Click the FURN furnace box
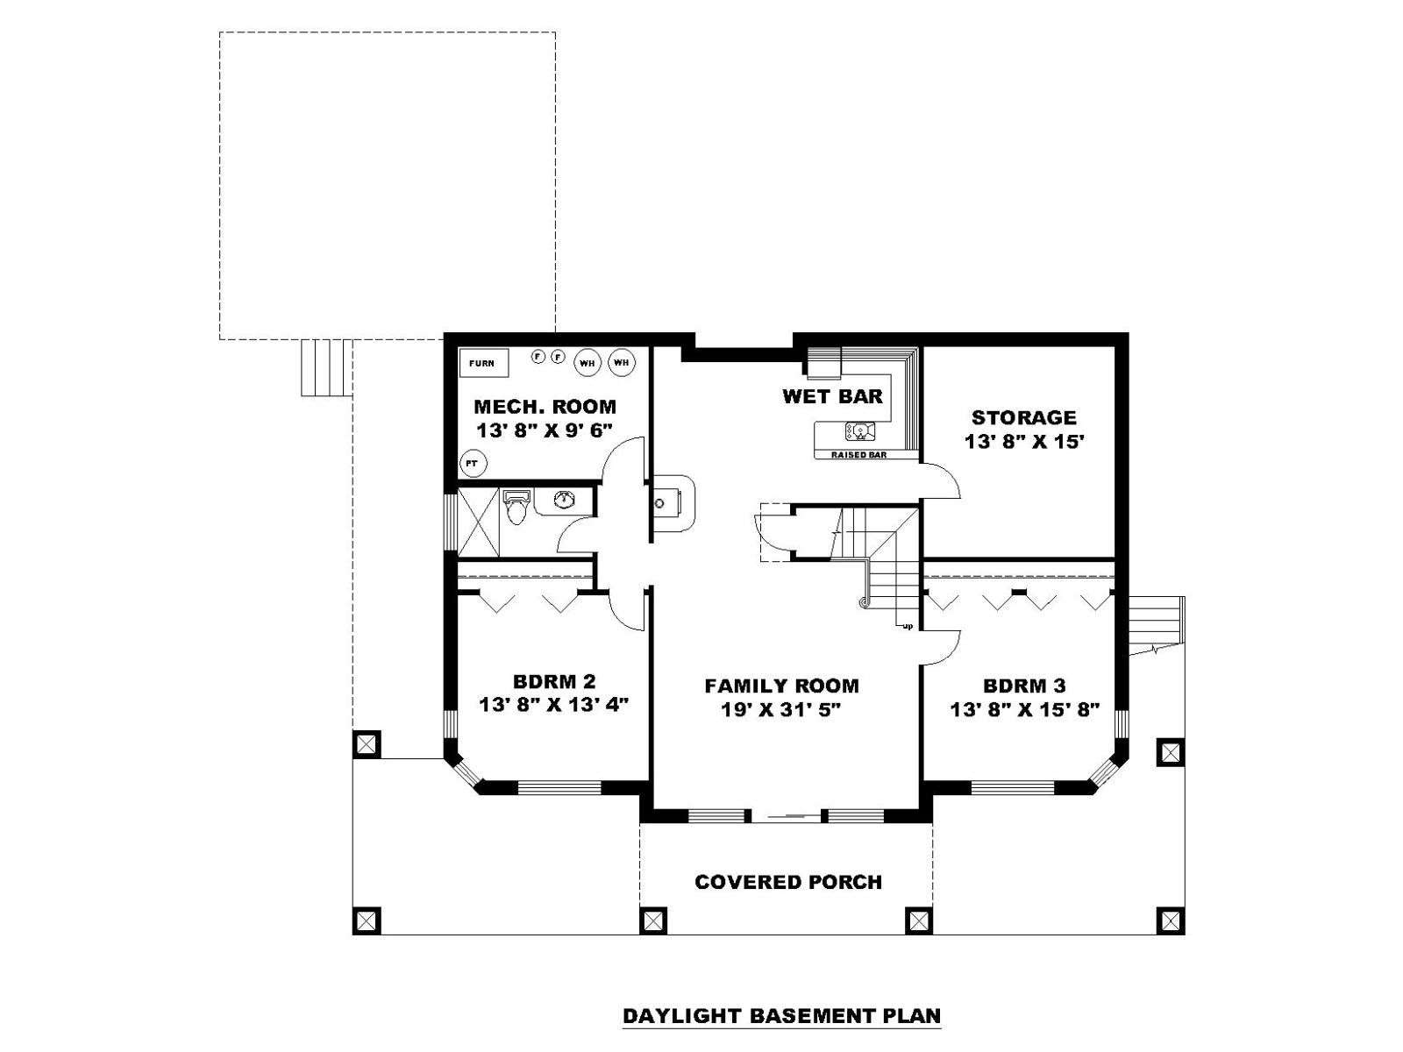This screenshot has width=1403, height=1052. pos(484,363)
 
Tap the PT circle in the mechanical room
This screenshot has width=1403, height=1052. pos(473,463)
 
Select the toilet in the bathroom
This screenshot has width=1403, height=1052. pos(516,506)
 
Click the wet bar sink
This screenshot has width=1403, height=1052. pos(859,432)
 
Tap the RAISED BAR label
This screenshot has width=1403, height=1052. pos(858,455)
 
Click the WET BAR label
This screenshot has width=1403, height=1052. pos(832,396)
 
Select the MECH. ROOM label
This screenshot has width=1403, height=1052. pos(545,406)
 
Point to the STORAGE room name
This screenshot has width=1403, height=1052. pos(1024,418)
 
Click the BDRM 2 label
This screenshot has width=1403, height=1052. pos(554,681)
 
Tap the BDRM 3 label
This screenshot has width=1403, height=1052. pos(1024,686)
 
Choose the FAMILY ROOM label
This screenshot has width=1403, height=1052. pos(781,686)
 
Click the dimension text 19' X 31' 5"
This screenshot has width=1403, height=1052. pos(780,709)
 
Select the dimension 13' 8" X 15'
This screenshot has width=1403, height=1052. pos(1024,442)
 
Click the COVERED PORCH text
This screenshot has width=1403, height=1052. pos(788,882)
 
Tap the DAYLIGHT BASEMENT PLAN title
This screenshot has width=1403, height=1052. pos(781,1016)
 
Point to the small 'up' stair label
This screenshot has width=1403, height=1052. pos(907,627)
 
